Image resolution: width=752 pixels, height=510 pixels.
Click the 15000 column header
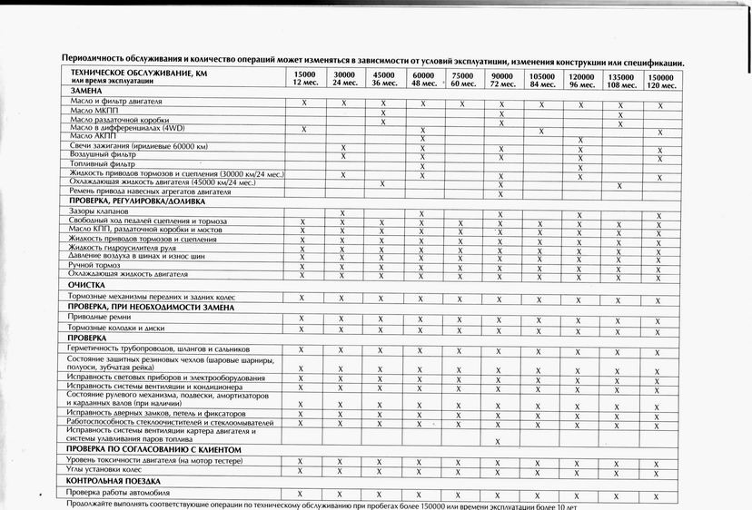(303, 79)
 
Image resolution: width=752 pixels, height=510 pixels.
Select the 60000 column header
(423, 79)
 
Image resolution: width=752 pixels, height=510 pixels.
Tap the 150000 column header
(660, 80)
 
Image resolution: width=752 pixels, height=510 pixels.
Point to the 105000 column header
(541, 80)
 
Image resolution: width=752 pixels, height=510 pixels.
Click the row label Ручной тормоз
(100, 264)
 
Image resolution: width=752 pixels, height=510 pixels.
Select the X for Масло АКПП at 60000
(423, 139)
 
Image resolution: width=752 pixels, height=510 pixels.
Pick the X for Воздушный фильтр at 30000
(343, 157)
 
